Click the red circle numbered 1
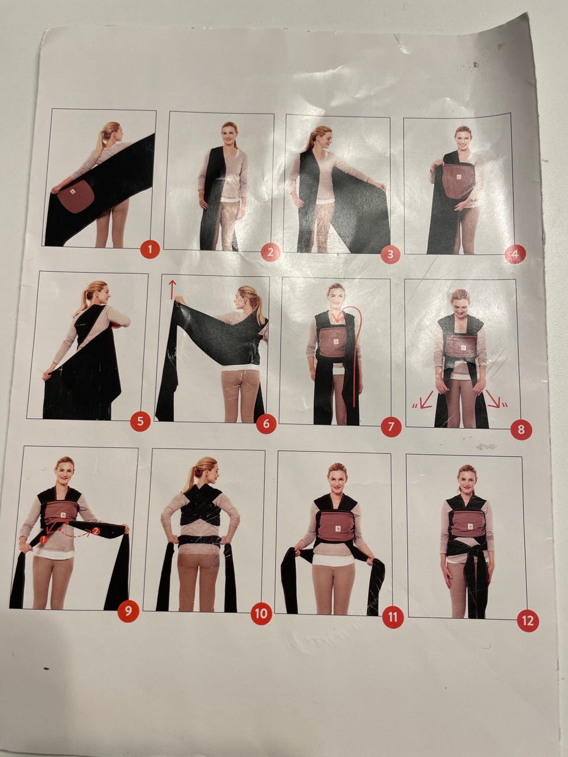[x=150, y=248]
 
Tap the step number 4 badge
[x=515, y=254]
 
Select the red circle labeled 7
[x=391, y=427]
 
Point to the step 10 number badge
[x=262, y=613]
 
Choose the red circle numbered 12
[x=528, y=621]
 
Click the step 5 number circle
[x=140, y=421]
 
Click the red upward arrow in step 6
[x=172, y=289]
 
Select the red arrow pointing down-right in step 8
[x=496, y=399]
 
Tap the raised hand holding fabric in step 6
[x=179, y=300]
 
